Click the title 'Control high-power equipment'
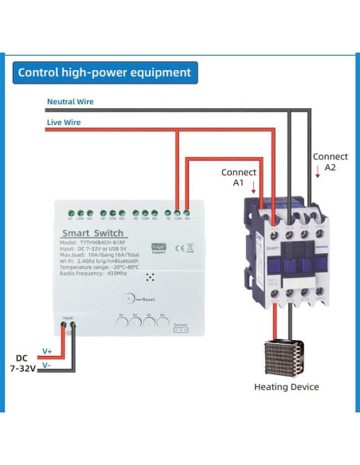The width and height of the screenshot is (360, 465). pos(104,72)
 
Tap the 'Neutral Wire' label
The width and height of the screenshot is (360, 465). pos(70,102)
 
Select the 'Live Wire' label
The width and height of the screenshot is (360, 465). pos(63,122)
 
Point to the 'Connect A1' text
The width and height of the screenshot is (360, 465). pos(238,177)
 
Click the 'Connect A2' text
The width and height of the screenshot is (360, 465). pos(330,162)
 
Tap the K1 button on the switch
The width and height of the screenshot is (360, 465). pos(122,324)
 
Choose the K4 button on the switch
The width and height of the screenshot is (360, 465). pos(162,324)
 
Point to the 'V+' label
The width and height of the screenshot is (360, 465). pos(47,351)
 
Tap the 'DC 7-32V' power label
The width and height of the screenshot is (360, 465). pos(23,362)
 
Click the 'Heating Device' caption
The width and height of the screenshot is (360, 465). pos(287,387)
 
